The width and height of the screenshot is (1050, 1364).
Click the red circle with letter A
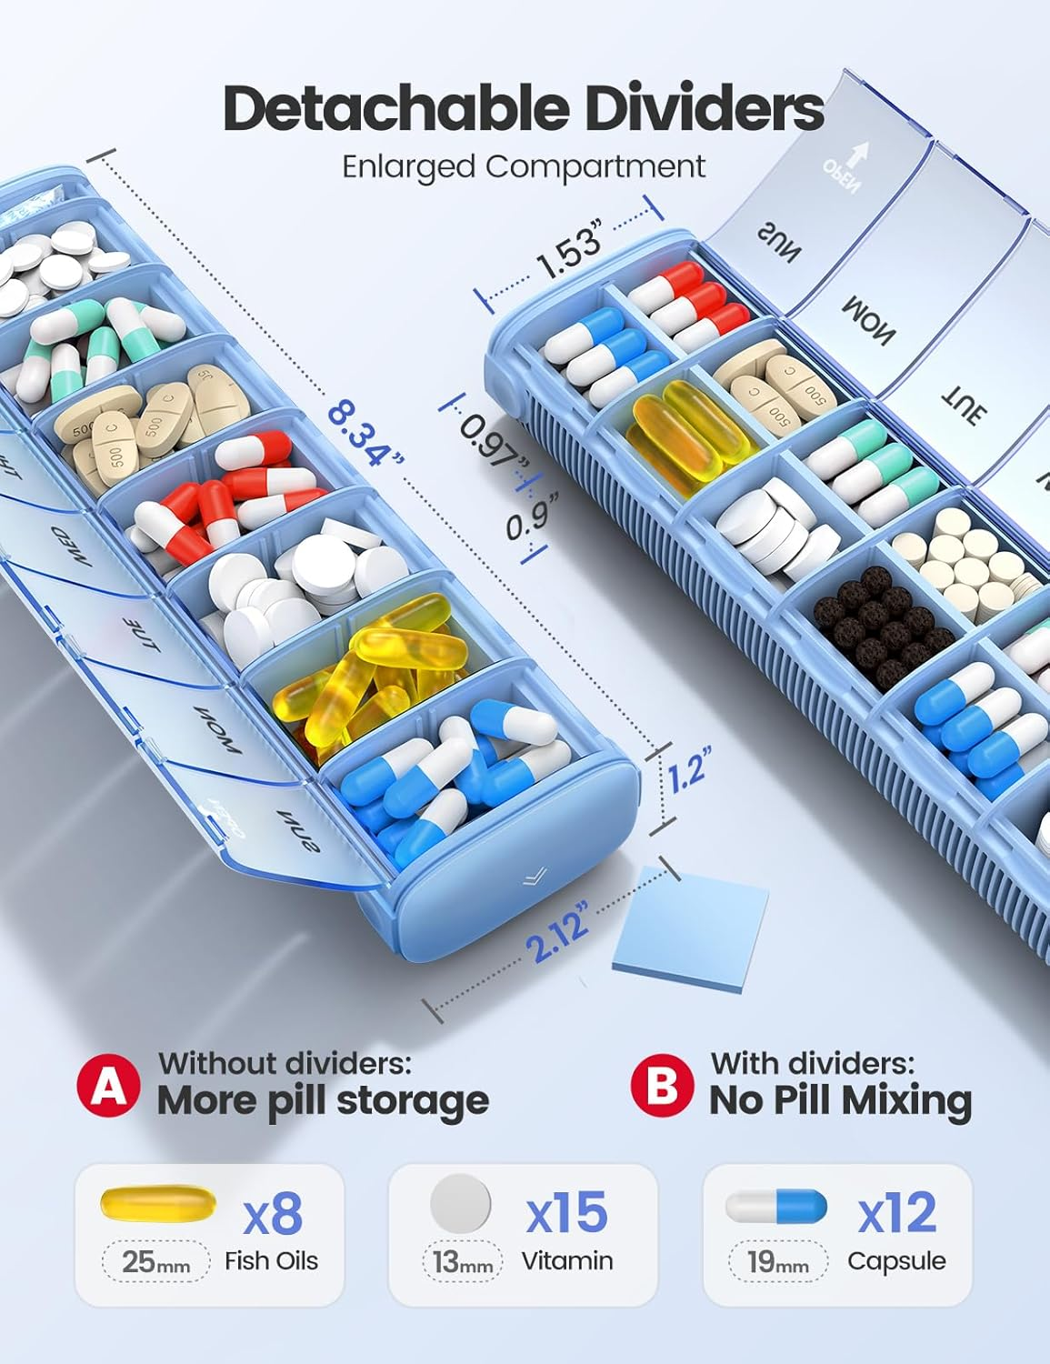[109, 1084]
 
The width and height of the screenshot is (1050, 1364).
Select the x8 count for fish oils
[274, 1213]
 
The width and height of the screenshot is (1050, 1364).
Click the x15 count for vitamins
[566, 1213]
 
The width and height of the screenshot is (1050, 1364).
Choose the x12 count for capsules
[896, 1213]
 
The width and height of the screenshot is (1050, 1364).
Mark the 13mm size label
[462, 1262]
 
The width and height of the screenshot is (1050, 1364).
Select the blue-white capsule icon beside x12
[776, 1206]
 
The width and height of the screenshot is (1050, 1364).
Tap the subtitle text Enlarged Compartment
[524, 166]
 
